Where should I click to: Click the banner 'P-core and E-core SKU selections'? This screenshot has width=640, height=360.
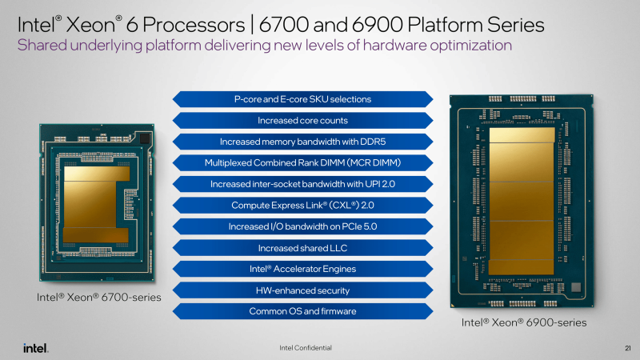302,99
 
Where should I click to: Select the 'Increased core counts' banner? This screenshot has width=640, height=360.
302,121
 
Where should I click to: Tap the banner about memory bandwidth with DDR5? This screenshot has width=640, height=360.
302,142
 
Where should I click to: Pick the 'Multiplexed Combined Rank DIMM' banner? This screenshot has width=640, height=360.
302,163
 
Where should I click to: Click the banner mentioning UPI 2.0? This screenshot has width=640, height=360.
302,184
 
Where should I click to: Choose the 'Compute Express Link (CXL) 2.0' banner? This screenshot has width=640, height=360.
302,206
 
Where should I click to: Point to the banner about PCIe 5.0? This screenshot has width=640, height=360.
302,226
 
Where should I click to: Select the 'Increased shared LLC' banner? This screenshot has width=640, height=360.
302,248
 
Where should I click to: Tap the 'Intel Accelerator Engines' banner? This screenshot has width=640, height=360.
302,269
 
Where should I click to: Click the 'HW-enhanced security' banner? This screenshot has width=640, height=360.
302,290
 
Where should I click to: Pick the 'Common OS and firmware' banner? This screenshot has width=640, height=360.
302,311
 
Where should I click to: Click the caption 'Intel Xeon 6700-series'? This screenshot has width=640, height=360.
98,297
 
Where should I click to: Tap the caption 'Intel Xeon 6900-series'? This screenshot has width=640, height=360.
523,322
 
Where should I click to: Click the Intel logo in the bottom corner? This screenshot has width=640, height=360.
36,348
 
